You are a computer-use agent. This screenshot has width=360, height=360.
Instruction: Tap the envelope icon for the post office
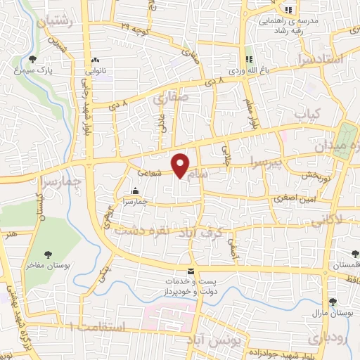pos(190,271)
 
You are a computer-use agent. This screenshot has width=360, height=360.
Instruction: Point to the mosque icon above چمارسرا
pos(136,190)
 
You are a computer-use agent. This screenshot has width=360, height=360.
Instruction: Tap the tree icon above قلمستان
pos(354,255)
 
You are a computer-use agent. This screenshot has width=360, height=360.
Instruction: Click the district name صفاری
pos(168,101)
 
